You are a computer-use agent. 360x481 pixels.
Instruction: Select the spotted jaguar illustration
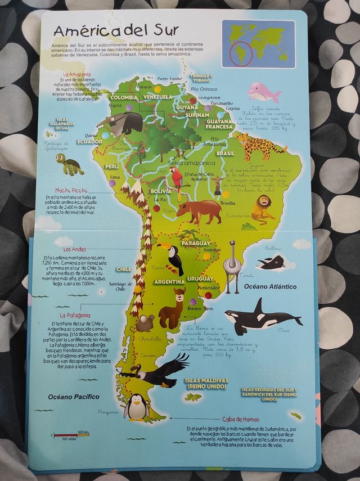pyautogui.click(x=259, y=145)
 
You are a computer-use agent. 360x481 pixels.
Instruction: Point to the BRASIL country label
pyautogui.click(x=226, y=153)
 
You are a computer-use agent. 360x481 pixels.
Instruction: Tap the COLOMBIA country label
pyautogui.click(x=123, y=97)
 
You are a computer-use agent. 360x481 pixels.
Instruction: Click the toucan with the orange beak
pyautogui.click(x=173, y=258)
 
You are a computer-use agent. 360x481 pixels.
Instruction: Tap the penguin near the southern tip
pyautogui.click(x=136, y=407)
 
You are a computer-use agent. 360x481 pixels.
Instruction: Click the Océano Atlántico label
pyautogui.click(x=270, y=286)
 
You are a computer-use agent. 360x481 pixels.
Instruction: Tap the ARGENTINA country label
pyautogui.click(x=169, y=281)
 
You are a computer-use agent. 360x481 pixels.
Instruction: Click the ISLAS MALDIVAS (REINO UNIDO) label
pyautogui.click(x=206, y=384)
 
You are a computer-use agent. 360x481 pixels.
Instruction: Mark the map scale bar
pyautogui.click(x=71, y=435)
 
